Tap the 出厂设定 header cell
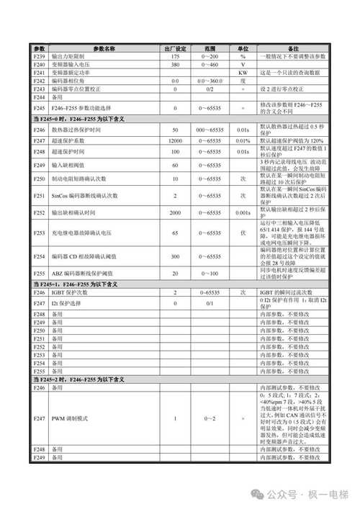[x=175, y=48]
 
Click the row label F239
[x=40, y=56]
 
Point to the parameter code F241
[x=40, y=73]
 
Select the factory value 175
[x=175, y=56]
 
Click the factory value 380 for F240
[x=175, y=65]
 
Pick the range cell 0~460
[x=210, y=65]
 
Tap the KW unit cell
[x=243, y=73]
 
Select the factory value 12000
[x=175, y=141]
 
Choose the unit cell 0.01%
[x=243, y=141]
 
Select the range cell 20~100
[x=210, y=274]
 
